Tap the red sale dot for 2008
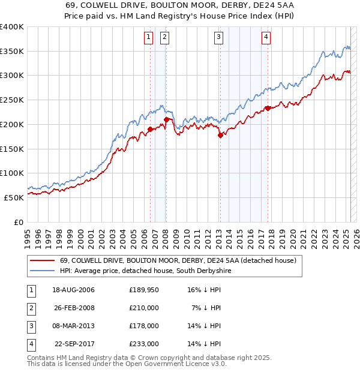166,119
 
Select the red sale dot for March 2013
220,135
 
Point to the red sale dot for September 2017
268,108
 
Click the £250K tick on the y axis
13,100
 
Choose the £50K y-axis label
14,197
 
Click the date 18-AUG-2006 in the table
74,290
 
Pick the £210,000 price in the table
144,308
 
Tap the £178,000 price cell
144,326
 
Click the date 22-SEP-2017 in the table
74,344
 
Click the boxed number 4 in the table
31,344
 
